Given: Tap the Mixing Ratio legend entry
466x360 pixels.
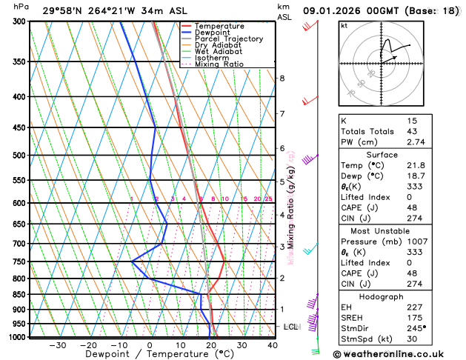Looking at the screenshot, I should point(219,64).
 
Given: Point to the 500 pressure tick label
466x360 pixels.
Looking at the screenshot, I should point(20,156).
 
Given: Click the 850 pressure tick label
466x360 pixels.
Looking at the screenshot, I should point(20,295).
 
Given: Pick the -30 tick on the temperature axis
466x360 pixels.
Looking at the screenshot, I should point(58,345).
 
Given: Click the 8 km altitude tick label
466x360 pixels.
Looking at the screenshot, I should point(282,78).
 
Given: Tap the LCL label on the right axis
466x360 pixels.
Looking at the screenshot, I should point(290,327).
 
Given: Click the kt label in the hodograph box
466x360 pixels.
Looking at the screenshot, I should point(344,25).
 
